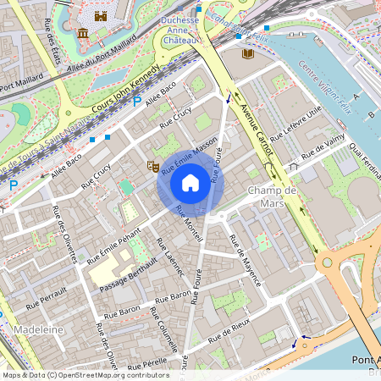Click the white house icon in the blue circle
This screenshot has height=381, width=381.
tap(190, 182)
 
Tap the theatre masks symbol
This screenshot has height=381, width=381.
tap(153, 166)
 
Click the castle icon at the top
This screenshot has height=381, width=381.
tap(101, 16)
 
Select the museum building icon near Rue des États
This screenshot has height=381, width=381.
tap(83, 33)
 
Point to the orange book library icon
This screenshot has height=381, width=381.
tap(247, 54)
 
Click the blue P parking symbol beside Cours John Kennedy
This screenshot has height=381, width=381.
tap(136, 102)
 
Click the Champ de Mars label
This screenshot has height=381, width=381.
tap(272, 197)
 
